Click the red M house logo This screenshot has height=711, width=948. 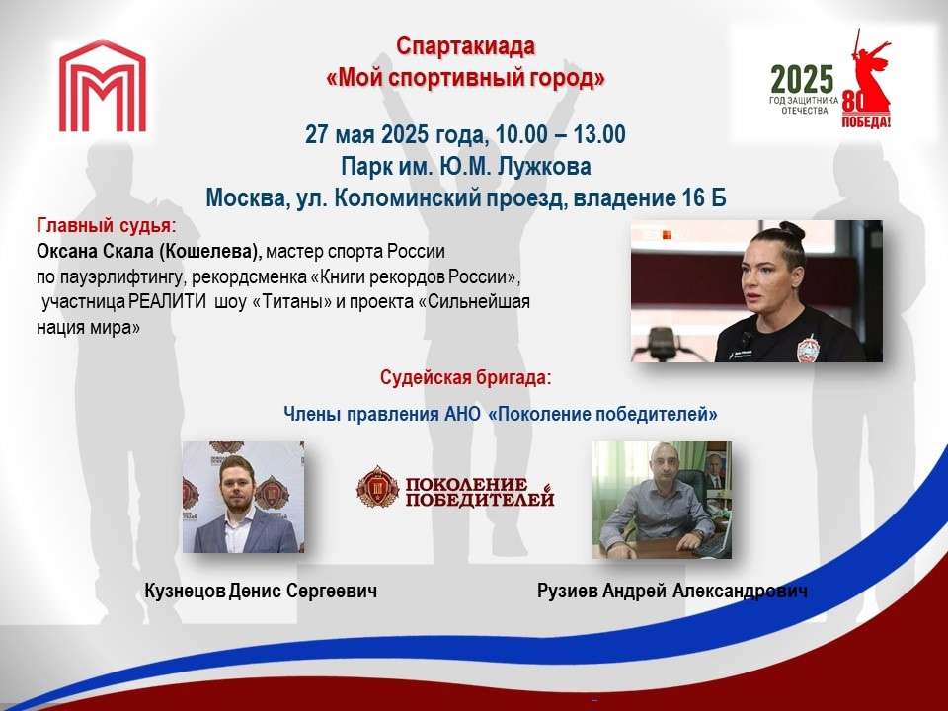point(102,86)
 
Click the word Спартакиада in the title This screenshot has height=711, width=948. point(465,46)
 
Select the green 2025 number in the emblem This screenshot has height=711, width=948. point(802,79)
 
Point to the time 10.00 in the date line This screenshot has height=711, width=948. point(521,134)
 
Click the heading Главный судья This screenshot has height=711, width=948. point(107,225)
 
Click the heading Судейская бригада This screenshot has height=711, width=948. point(465,378)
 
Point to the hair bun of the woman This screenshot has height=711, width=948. point(791,230)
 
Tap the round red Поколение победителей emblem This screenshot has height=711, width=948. point(377,486)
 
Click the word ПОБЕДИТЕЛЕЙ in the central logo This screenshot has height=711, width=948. point(480,499)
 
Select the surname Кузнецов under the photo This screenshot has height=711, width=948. point(186,591)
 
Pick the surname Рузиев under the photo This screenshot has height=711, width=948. point(568,591)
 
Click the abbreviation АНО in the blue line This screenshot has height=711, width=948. point(463,414)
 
